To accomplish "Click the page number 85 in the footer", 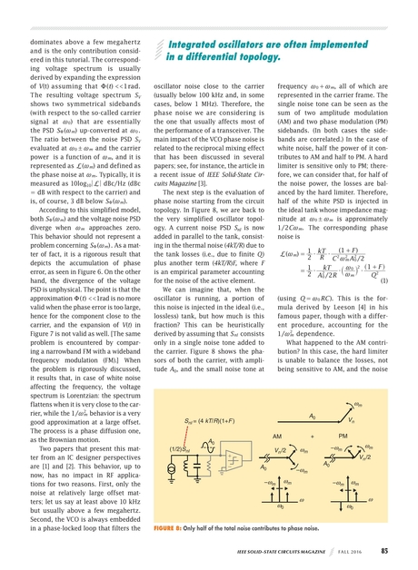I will coord(385,550).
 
